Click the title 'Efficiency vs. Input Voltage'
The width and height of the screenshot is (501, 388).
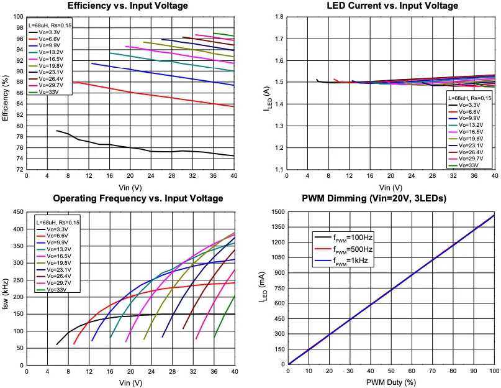[x=127, y=6]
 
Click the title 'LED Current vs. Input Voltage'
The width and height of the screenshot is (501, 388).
[x=392, y=6]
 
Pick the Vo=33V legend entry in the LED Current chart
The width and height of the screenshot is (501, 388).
[x=472, y=165]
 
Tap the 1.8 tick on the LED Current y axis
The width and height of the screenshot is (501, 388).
[x=280, y=17]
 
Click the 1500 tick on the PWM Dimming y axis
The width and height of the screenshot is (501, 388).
[x=277, y=213]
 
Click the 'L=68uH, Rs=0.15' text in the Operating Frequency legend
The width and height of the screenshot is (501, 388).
[x=58, y=222]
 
